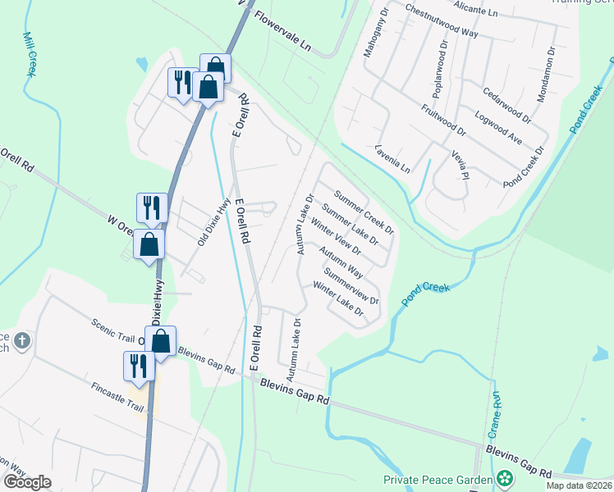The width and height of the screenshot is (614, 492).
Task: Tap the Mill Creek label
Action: tap(30, 54)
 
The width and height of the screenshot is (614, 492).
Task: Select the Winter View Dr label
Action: tap(337, 238)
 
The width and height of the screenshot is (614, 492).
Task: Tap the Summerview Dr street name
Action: tap(351, 286)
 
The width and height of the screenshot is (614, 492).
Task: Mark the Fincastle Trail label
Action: tap(117, 392)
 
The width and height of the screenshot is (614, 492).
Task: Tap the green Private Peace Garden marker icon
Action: tap(506, 478)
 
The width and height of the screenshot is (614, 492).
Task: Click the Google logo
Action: tap(27, 482)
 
